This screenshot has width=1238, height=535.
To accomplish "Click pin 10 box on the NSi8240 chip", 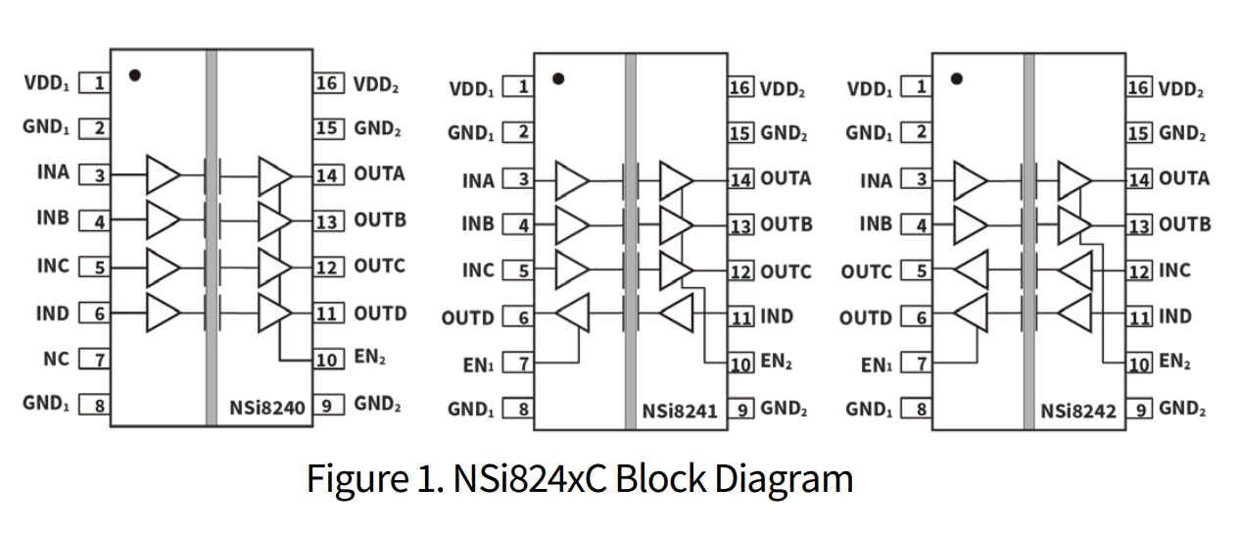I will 328,359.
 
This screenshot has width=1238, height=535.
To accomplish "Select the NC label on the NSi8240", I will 57,359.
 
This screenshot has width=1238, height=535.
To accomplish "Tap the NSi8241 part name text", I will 679,411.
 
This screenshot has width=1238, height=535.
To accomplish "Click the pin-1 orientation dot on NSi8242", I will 957,78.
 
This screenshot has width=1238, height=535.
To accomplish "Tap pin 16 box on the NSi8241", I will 740,88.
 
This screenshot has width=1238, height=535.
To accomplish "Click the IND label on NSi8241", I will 777,316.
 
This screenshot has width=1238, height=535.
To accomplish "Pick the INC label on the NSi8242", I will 1175,270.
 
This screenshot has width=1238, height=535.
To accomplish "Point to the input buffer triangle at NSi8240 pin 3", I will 163,174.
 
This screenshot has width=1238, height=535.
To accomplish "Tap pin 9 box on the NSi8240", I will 328,404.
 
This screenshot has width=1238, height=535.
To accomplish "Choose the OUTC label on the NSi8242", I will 866,271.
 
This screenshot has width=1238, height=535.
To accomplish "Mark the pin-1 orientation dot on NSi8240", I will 134,73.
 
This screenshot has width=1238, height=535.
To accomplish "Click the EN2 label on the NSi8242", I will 1174,362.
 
